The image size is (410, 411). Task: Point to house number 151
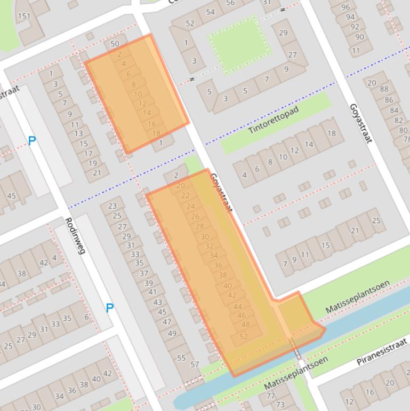point(24,16)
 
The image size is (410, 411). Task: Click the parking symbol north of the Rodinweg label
point(32,141)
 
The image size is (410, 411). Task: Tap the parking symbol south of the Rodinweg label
point(109,307)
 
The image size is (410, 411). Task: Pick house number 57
point(195,365)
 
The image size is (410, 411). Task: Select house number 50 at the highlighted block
point(115,44)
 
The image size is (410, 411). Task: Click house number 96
point(345,7)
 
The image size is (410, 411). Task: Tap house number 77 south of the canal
point(271,396)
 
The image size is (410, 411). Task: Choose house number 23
point(112,206)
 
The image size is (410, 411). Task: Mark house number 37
point(143,273)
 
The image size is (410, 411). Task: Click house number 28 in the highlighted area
point(200,227)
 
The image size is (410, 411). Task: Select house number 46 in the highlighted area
point(242,315)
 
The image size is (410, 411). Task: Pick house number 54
point(210,12)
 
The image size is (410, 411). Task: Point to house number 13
point(78,133)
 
